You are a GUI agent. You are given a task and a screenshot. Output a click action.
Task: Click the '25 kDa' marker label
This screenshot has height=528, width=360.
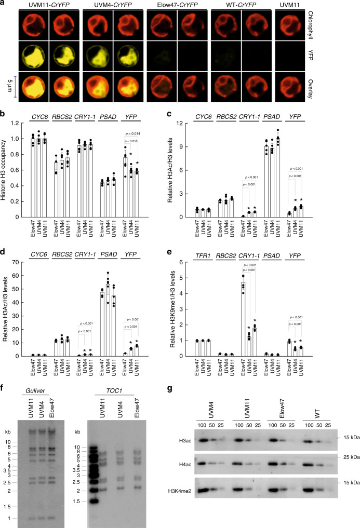pos(348,456)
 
